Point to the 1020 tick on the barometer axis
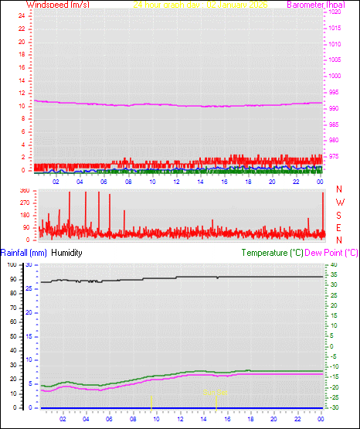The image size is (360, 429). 335,12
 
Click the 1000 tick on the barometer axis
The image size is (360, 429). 335,76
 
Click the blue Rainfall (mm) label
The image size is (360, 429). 24,253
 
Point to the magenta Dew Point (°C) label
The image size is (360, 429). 332,253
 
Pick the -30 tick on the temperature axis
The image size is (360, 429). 332,407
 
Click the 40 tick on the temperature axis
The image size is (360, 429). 332,265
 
